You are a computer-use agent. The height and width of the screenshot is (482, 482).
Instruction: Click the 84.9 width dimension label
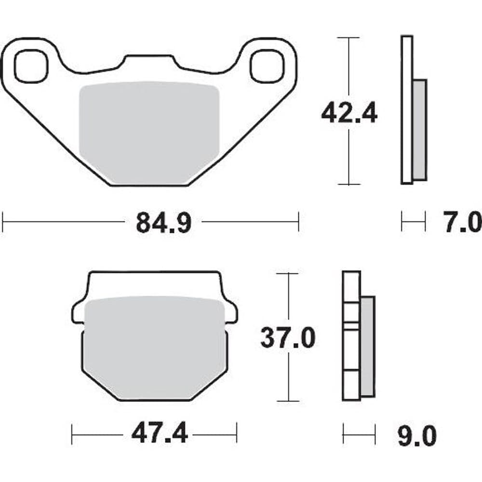[x=163, y=222]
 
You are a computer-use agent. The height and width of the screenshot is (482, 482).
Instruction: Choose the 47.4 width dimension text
[x=159, y=434]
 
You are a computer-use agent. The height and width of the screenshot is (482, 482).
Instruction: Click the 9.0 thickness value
[x=417, y=436]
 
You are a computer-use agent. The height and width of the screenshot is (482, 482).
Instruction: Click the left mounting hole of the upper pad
[x=31, y=66]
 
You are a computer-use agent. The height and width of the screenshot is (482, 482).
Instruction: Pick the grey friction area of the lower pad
[x=155, y=348]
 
